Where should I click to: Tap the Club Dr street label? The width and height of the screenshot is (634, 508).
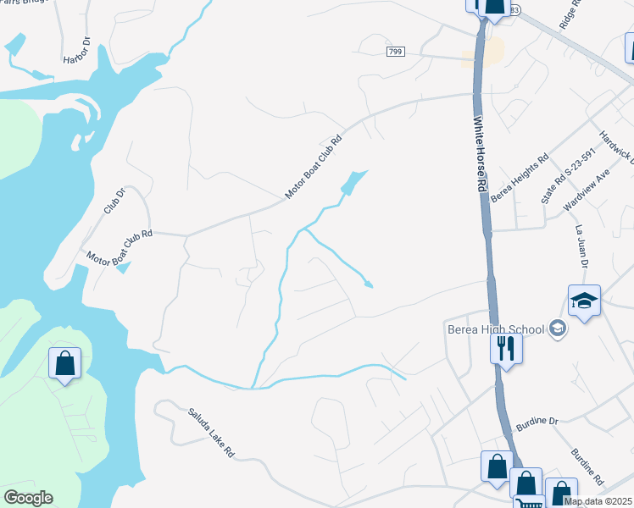pyautogui.click(x=114, y=200)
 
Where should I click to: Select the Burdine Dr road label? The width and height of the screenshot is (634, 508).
pyautogui.click(x=537, y=420)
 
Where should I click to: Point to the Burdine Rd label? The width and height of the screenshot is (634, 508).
pyautogui.click(x=587, y=467)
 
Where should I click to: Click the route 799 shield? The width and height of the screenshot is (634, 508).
pyautogui.click(x=395, y=52)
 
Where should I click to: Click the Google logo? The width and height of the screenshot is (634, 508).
pyautogui.click(x=28, y=498)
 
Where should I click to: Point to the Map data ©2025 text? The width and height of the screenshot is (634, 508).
pyautogui.click(x=598, y=501)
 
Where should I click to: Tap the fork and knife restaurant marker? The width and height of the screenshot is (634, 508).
pyautogui.click(x=506, y=347)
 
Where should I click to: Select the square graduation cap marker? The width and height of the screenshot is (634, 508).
pyautogui.click(x=584, y=301)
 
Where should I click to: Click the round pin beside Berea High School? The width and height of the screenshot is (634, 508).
pyautogui.click(x=557, y=328)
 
